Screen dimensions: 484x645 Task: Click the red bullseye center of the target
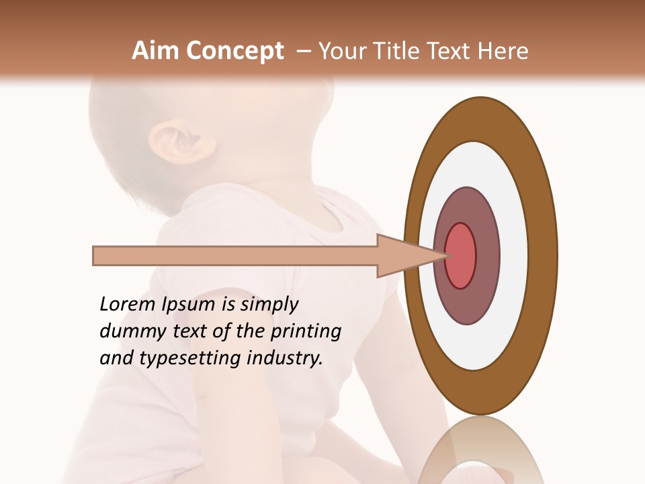(460, 255)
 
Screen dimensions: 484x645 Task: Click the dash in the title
(304, 51)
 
